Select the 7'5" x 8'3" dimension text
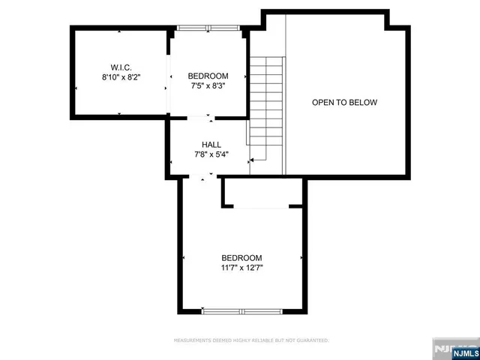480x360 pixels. (207, 86)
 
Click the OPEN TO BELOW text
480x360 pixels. (344, 103)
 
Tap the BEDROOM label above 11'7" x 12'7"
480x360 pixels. (241, 257)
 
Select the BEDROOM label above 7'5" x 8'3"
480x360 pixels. (207, 76)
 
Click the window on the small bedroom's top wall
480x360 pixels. (206, 28)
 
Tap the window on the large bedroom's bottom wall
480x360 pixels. (241, 311)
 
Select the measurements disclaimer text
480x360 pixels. (251, 340)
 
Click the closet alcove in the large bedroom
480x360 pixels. (263, 193)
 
